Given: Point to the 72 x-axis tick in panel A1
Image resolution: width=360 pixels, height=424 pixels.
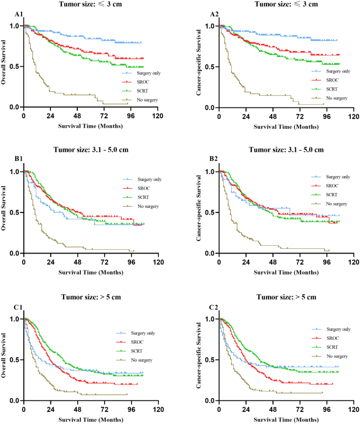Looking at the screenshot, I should pos(104,116).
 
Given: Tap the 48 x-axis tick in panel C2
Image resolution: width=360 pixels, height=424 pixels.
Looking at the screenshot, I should pos(273,409).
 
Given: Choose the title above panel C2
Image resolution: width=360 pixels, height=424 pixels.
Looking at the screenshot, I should pos(286,297).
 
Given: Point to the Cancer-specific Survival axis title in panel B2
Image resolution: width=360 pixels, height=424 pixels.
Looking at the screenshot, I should pos(200,212).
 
